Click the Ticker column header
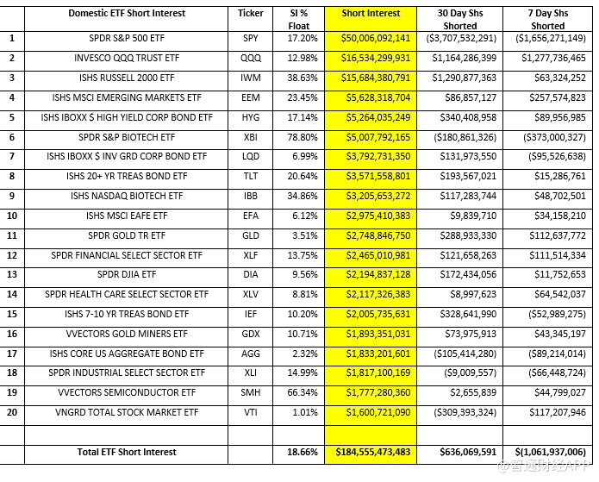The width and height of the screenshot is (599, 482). click(x=251, y=14)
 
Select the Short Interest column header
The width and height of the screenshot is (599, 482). click(x=371, y=14)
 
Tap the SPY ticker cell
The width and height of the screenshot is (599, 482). click(x=251, y=40)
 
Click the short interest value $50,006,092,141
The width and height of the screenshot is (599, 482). click(x=371, y=40)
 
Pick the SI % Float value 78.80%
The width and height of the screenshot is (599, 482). click(x=302, y=138)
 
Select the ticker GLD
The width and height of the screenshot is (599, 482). click(x=251, y=235)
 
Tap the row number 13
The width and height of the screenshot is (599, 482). click(x=12, y=275)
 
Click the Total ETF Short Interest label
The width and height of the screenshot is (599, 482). click(x=126, y=452)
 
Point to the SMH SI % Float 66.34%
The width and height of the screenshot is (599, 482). click(x=302, y=393)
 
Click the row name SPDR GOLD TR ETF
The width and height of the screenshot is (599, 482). click(x=126, y=235)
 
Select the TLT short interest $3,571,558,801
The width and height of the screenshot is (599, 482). click(x=371, y=177)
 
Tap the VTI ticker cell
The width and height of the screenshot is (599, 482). click(x=251, y=413)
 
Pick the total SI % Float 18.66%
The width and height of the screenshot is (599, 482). click(x=302, y=452)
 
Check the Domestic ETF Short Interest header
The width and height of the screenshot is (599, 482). click(x=126, y=14)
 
